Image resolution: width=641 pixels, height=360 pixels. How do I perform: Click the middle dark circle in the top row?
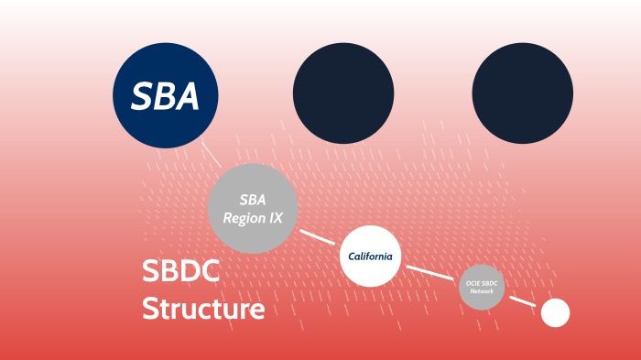(x=343, y=94)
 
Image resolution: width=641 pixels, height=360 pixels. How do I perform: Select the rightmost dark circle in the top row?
(x=523, y=94)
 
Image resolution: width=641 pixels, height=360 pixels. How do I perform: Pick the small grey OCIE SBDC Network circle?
(x=482, y=287)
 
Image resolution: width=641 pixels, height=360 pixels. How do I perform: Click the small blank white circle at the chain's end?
(x=555, y=313)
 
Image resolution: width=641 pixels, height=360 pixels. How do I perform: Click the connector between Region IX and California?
(x=318, y=236)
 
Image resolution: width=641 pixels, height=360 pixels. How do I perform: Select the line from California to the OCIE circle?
(x=429, y=272)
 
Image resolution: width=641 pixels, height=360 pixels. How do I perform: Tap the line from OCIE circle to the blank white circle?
(x=522, y=301)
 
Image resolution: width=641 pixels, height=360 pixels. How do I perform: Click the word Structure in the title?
(x=203, y=309)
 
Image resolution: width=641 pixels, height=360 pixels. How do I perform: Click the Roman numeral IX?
(x=275, y=218)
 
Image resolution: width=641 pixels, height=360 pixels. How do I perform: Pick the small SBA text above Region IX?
(x=253, y=199)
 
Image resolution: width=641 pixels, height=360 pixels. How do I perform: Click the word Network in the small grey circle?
(x=482, y=291)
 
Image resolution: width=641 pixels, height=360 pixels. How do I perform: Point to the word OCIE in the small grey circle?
(x=473, y=284)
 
